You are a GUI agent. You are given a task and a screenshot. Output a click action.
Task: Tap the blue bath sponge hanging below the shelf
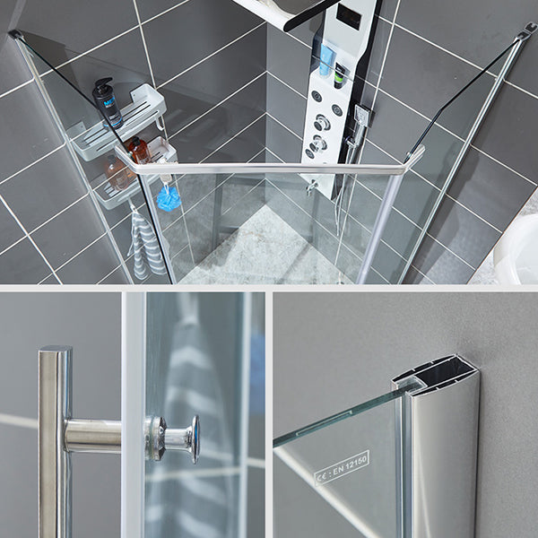(169, 196)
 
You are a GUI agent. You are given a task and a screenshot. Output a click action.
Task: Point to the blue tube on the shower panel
(326, 61)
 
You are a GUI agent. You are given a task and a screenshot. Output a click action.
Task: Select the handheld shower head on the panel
(361, 117)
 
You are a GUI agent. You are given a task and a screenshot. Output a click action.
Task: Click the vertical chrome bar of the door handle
(55, 439)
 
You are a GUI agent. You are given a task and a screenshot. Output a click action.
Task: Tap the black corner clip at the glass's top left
(15, 36)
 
